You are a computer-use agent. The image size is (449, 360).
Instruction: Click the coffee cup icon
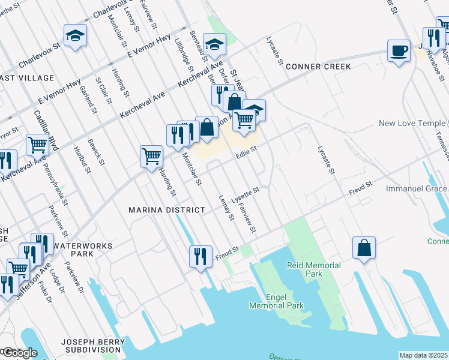(399, 50)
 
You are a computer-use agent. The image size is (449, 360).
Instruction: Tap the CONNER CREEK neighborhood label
(318, 67)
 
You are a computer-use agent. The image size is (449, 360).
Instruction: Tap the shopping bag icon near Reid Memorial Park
(364, 248)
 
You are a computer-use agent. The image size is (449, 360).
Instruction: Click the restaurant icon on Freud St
(200, 256)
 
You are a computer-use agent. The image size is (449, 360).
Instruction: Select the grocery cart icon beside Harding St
(151, 157)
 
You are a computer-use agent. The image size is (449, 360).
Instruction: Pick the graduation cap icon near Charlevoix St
(76, 35)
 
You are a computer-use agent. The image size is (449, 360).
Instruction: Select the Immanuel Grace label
(417, 188)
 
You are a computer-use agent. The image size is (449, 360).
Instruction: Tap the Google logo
(19, 352)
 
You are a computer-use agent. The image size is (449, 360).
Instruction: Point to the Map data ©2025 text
(424, 355)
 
